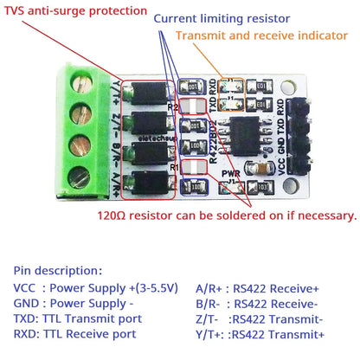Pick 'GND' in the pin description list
click(26, 303)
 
